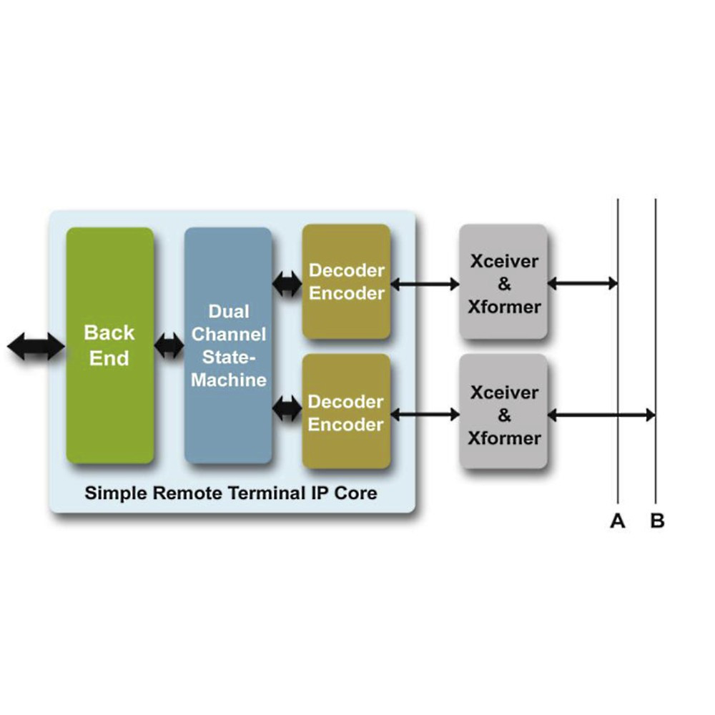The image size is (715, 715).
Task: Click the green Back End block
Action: tap(109, 345)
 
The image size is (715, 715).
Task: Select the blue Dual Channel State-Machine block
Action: tap(228, 345)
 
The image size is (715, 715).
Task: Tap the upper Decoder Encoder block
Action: tap(346, 282)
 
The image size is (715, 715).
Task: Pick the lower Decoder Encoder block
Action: tap(346, 413)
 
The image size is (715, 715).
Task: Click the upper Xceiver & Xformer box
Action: tap(503, 282)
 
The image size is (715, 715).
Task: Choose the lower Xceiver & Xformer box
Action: tap(503, 413)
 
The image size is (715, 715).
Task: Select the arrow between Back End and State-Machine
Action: tap(169, 347)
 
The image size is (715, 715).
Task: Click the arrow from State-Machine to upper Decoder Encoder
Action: tap(287, 284)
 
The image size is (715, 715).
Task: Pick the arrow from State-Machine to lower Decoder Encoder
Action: tap(287, 408)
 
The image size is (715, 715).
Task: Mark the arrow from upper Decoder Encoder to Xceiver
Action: tap(425, 285)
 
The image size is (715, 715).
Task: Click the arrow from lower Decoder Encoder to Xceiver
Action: tap(425, 414)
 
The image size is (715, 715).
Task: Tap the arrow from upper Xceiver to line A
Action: tap(581, 284)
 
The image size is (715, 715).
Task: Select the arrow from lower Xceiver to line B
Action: tap(601, 415)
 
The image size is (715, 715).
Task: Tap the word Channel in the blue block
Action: tap(229, 334)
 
